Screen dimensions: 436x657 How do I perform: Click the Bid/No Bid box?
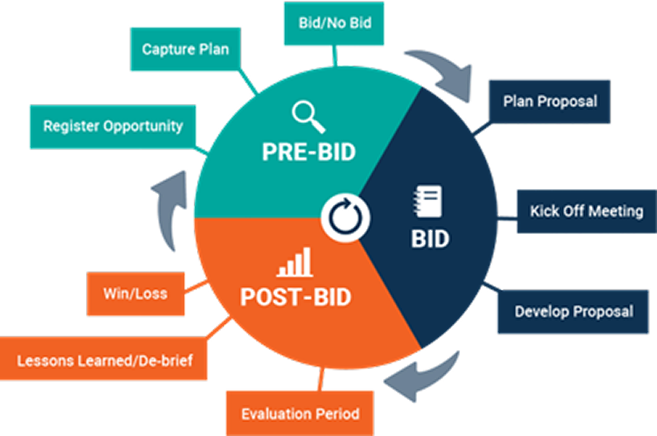335,23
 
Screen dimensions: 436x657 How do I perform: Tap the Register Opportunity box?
113,126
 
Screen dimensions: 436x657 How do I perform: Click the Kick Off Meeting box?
586,211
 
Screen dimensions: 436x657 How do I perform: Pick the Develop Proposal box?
573,312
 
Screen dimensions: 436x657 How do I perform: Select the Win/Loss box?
135,293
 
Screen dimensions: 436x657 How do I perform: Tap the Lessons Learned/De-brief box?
104,359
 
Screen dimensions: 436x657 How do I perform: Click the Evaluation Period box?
300,414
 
